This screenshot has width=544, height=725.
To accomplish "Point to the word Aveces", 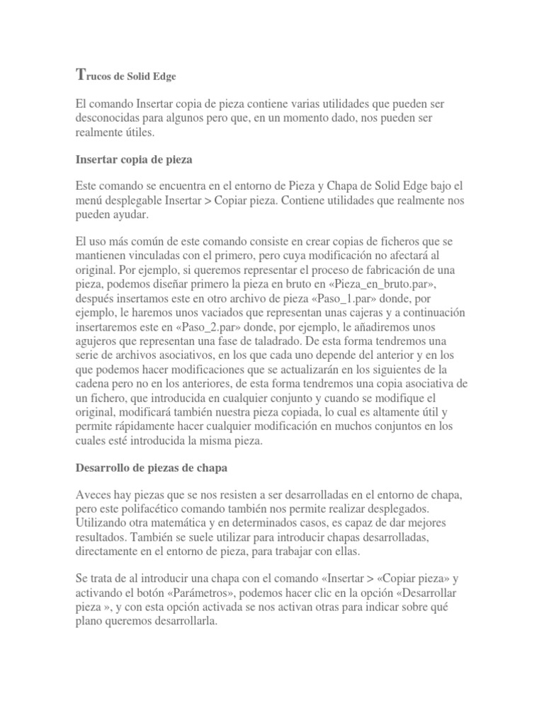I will coord(93,494).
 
